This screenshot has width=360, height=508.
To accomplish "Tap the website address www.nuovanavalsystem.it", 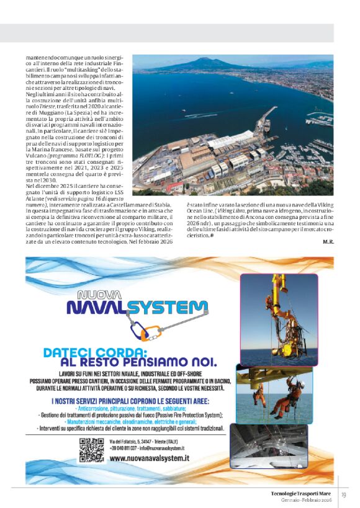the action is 149,458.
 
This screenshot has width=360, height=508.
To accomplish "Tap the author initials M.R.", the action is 328,241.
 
